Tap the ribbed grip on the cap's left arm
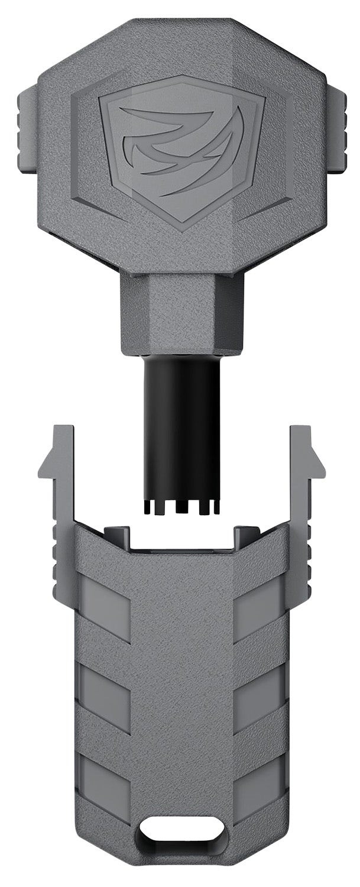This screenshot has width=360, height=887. (x=62, y=550)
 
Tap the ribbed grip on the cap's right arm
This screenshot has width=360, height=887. (x=299, y=550)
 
